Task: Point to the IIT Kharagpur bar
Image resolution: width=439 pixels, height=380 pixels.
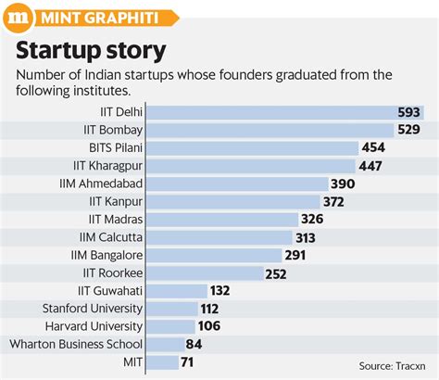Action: click(x=252, y=165)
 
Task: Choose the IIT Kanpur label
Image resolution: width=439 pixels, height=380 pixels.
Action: click(x=115, y=201)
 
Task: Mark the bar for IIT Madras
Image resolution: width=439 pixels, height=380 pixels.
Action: click(x=223, y=219)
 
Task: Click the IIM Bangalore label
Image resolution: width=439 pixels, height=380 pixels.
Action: click(x=107, y=255)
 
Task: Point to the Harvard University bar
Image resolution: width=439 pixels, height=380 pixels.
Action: click(x=172, y=326)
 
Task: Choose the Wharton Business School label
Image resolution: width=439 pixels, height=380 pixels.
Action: click(x=75, y=345)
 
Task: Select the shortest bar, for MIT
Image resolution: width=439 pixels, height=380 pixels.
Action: click(x=164, y=362)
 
